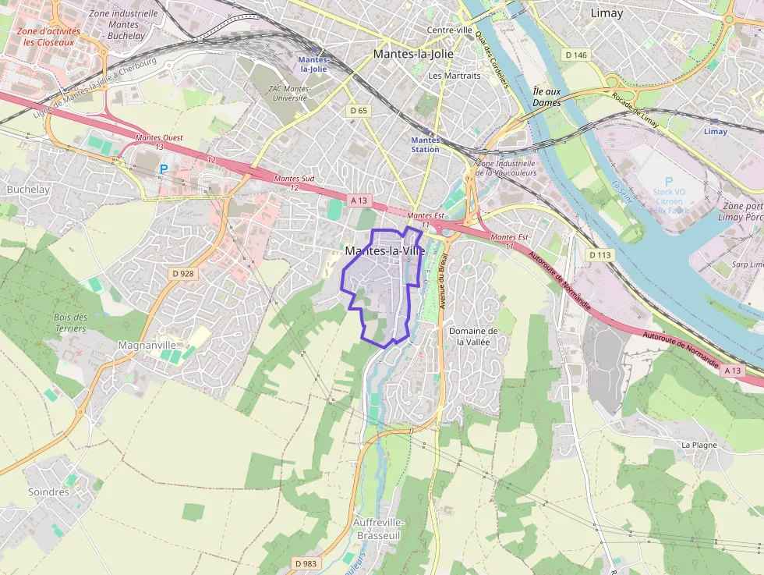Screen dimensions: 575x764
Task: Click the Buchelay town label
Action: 28,190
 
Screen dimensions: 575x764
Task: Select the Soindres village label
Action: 48,492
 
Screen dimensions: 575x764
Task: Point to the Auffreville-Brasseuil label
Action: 378,529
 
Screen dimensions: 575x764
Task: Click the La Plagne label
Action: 699,445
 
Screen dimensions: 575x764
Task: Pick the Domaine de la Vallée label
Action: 473,336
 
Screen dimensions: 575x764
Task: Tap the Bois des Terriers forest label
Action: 71,323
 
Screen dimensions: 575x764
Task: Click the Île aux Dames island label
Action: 546,97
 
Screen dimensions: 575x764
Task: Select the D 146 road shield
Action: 575,55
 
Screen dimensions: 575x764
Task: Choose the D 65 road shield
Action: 359,111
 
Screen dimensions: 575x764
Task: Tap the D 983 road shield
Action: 306,563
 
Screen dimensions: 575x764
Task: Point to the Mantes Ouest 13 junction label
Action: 159,142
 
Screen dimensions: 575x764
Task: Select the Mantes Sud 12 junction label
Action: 294,183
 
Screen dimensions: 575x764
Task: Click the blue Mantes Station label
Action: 425,144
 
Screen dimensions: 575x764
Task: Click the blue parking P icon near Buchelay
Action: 164,169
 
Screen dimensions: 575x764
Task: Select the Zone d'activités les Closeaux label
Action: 49,37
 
